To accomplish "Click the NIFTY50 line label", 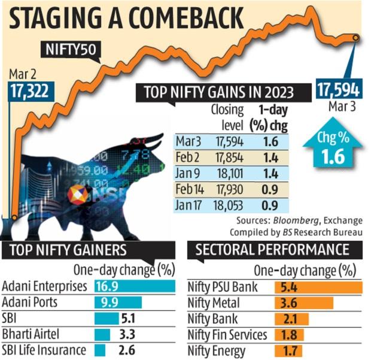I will pyautogui.click(x=71, y=47).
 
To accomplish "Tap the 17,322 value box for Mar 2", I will pyautogui.click(x=29, y=91).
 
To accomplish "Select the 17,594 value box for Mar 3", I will pyautogui.click(x=338, y=90).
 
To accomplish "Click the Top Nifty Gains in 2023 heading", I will pyautogui.click(x=218, y=92).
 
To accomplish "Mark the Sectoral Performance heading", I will pyautogui.click(x=272, y=248).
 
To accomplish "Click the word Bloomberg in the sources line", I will pyautogui.click(x=285, y=220).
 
